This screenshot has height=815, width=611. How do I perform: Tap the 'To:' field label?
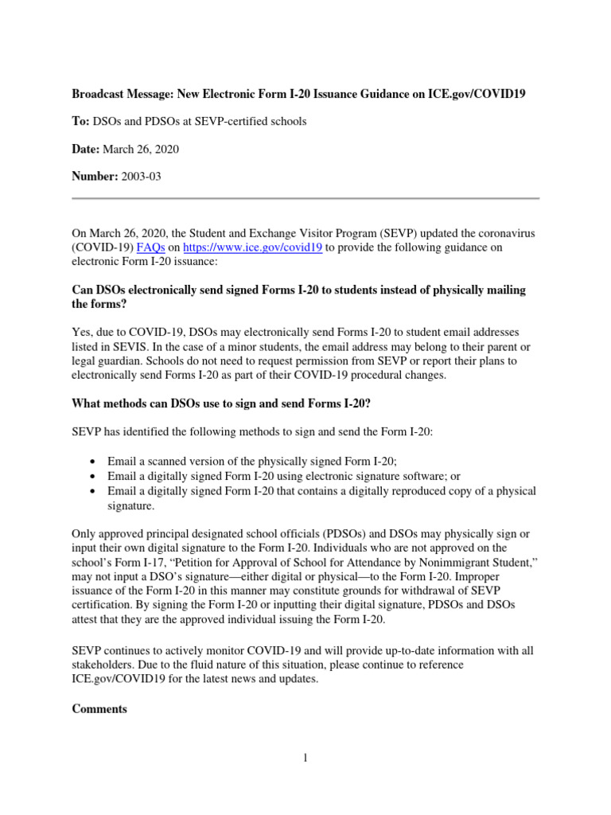[x=81, y=121]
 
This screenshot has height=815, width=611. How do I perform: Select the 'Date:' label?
[x=86, y=149]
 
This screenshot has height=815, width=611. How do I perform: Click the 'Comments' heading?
[x=99, y=709]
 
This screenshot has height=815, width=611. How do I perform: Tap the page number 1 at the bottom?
[x=305, y=758]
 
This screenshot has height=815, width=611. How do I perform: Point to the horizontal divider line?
[x=305, y=197]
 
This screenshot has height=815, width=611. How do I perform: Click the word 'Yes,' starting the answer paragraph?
[x=82, y=331]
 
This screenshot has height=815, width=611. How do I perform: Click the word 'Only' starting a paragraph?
[x=84, y=533]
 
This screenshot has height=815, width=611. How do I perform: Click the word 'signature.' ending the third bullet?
[x=130, y=505]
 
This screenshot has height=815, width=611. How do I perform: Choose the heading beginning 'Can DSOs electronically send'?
[x=298, y=297]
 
